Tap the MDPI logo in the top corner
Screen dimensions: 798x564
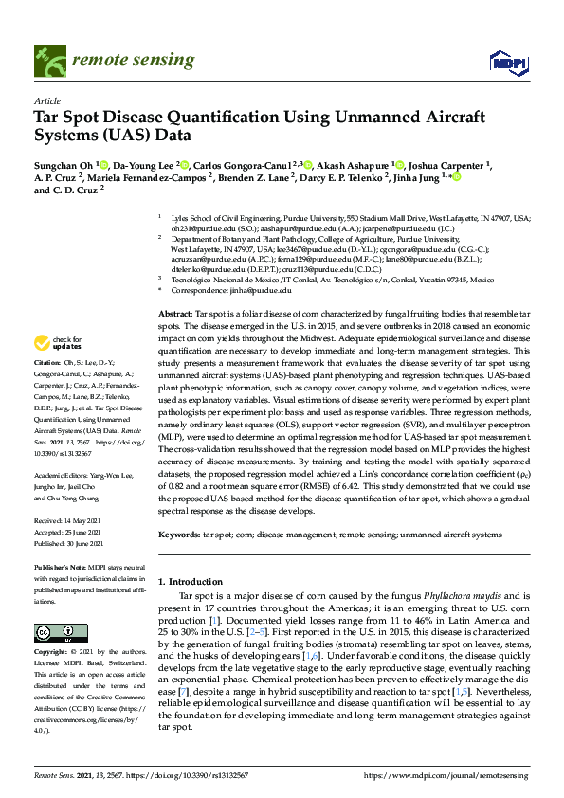click(x=507, y=63)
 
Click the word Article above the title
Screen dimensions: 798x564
click(x=46, y=100)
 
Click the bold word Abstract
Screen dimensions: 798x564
click(x=174, y=286)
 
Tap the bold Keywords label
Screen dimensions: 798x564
click(x=178, y=535)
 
